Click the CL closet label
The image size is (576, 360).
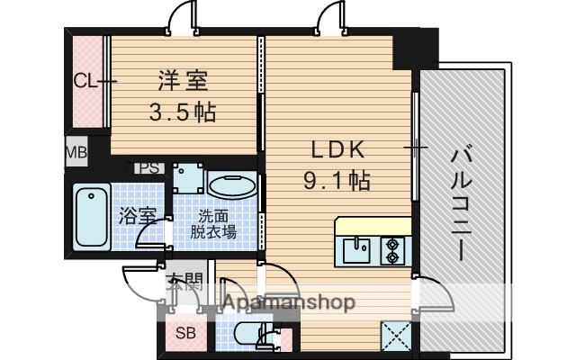tap(85, 81)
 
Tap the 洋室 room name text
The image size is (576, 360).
tap(184, 81)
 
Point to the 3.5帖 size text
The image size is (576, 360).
tap(185, 113)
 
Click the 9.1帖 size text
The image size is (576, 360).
tap(337, 179)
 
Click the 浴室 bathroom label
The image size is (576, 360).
tap(137, 217)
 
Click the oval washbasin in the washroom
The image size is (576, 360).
tap(232, 187)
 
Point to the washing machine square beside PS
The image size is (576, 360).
tap(189, 177)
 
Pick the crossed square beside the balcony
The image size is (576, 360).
tap(395, 335)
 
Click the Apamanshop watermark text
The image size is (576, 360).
tap(288, 303)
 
